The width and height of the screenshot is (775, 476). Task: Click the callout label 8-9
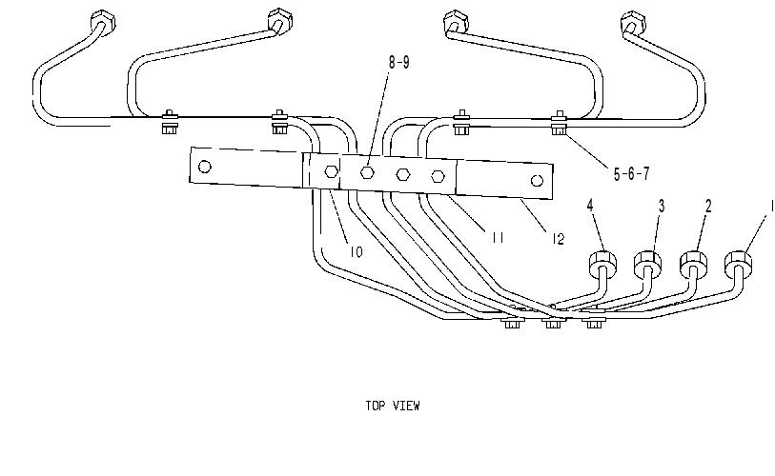(x=398, y=63)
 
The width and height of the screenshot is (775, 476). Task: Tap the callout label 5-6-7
(x=631, y=174)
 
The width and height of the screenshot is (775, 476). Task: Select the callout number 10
(x=357, y=252)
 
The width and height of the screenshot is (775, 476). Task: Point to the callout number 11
(x=498, y=238)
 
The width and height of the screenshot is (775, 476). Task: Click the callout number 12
(x=558, y=239)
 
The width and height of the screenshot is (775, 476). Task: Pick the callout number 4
(x=590, y=206)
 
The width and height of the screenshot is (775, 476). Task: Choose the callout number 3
(x=662, y=206)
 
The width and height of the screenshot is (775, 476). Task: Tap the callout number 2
(x=708, y=206)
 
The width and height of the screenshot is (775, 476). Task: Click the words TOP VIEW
(x=393, y=406)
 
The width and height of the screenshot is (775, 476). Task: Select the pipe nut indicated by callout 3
(x=647, y=263)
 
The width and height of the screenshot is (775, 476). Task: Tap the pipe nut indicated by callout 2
(x=693, y=264)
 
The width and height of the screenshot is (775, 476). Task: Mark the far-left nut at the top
(x=103, y=21)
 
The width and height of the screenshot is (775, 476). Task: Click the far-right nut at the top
(x=633, y=23)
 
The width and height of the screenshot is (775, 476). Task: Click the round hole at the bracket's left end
(x=205, y=167)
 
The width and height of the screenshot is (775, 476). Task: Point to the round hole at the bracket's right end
(x=537, y=181)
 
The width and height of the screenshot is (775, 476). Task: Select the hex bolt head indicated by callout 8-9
(x=367, y=172)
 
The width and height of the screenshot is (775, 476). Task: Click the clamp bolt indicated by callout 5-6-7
(x=559, y=125)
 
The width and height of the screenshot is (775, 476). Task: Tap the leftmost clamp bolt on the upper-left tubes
(x=170, y=123)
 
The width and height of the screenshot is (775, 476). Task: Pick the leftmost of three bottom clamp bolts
(x=512, y=322)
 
